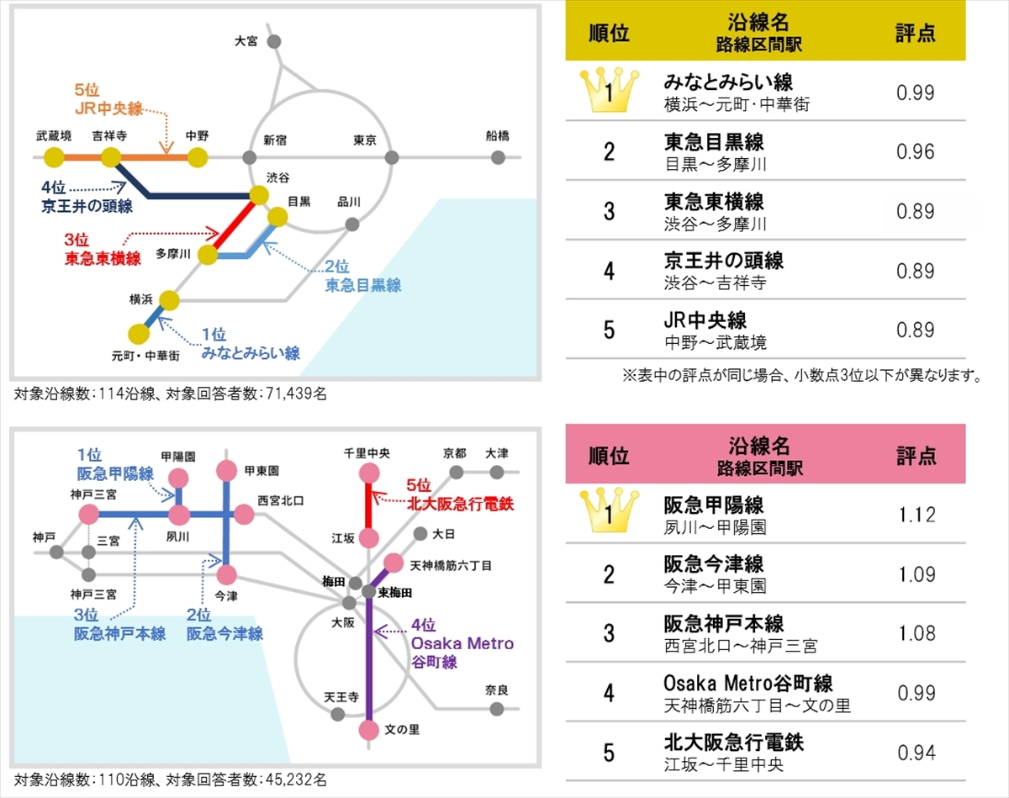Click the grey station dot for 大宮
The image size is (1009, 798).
coord(274,41)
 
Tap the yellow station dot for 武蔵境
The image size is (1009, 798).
coord(54,157)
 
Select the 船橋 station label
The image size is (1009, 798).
coord(497,136)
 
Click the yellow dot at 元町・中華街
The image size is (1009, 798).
coord(139,334)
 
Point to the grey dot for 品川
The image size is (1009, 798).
coord(352,225)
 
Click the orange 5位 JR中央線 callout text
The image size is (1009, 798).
coord(108,99)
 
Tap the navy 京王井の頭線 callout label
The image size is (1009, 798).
coord(87,198)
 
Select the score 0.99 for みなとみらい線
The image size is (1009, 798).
coord(915,92)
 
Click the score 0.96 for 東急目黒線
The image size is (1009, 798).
coord(915,151)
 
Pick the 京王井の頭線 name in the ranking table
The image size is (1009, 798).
coord(723,261)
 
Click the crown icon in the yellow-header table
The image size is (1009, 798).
coord(609,91)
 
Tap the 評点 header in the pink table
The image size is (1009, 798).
coord(917,455)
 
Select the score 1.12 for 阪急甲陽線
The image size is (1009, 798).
coord(917,515)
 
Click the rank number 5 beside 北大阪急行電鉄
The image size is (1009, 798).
coord(609,753)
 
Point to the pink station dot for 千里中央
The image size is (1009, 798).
coord(369,473)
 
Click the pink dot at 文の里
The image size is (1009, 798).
coord(369,731)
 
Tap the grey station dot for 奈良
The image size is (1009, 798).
coord(497,709)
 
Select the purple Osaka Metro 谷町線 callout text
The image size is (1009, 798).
coord(462,643)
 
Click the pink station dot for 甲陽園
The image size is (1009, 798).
coord(178,478)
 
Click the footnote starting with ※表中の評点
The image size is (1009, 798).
coord(801,376)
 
